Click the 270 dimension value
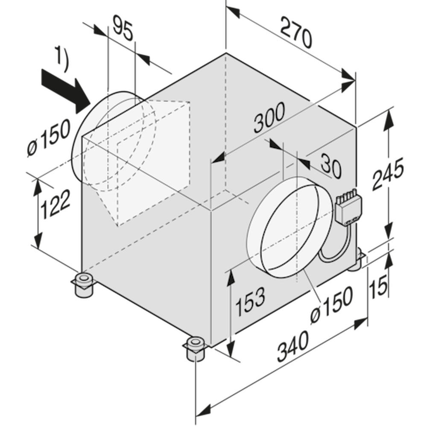pos(296,32)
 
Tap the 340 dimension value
pos(293,346)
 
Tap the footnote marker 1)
pos(61,58)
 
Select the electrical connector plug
pos(348,207)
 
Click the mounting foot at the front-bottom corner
pos(195,348)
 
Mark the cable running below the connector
pos(335,245)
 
